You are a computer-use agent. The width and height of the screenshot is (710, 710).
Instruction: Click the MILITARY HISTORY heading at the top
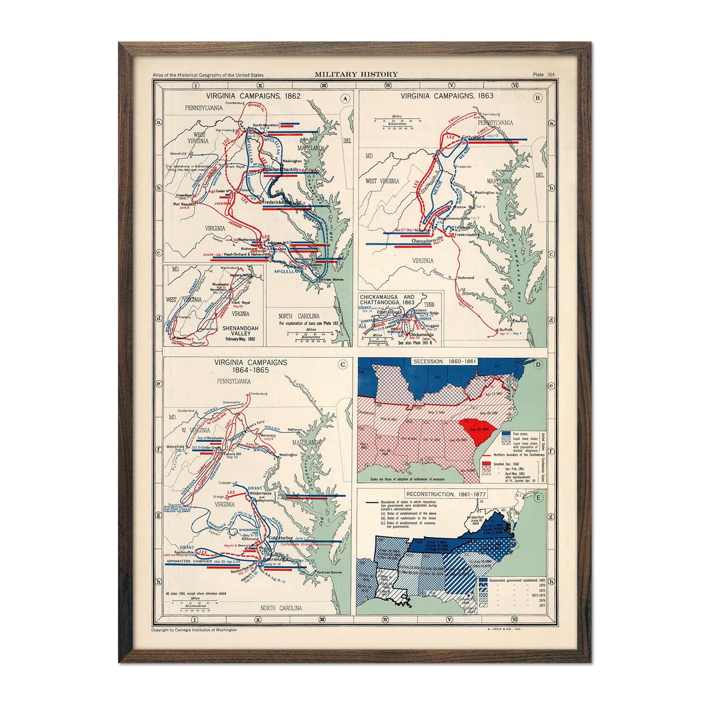click(x=356, y=75)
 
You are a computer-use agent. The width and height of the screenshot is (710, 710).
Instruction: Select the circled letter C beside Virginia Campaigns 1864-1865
click(x=343, y=365)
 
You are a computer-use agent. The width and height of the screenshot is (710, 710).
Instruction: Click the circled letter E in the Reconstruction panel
click(x=538, y=498)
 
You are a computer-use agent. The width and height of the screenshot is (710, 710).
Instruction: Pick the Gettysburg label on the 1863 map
click(x=473, y=137)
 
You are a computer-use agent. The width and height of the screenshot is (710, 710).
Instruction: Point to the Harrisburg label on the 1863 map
click(x=491, y=114)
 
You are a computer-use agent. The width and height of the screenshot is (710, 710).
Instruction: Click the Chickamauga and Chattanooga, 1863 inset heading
click(x=387, y=300)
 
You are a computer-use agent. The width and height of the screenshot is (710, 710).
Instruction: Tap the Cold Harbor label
click(x=280, y=538)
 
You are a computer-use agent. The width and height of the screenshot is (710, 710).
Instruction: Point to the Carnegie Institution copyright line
click(x=194, y=630)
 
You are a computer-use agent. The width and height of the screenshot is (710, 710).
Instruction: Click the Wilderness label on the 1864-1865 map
click(x=260, y=493)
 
